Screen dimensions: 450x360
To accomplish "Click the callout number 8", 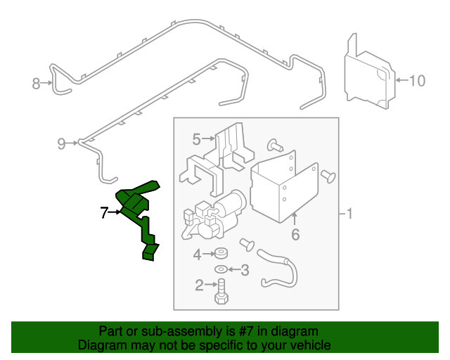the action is tap(37, 84).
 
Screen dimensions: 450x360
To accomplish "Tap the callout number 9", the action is tap(61, 144).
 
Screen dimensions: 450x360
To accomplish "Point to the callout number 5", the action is tap(197, 139).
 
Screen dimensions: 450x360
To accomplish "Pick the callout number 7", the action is tap(103, 212).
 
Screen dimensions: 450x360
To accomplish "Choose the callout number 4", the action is tap(198, 254).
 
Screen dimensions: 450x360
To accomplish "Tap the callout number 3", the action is tap(245, 269).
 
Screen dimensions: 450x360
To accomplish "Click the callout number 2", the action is tap(199, 285).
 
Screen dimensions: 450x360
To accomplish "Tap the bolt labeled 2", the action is tap(221, 290).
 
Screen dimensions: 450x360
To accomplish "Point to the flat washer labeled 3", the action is tap(221, 269).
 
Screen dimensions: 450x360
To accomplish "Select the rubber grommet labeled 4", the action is tap(221, 254).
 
